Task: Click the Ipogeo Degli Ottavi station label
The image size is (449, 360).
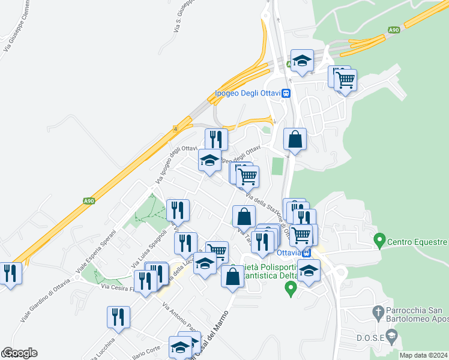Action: (x=249, y=93)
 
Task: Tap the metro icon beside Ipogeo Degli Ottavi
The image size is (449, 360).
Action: (x=287, y=93)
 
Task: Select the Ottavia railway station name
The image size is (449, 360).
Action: (x=289, y=253)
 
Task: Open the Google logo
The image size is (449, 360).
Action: (x=19, y=353)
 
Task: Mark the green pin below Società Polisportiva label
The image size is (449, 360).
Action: (x=291, y=289)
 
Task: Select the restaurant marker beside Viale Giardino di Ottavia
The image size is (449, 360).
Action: (x=10, y=274)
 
